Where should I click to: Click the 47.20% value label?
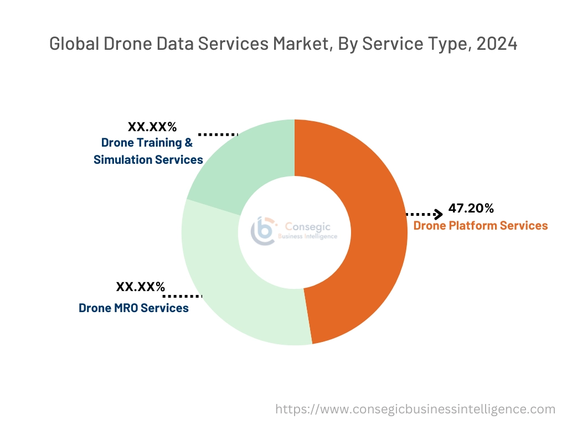471,209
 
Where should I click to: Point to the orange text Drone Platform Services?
480,226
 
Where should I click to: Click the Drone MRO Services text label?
133,308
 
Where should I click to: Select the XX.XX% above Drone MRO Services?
140,287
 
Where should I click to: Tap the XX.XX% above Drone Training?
152,127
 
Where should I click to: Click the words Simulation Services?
148,160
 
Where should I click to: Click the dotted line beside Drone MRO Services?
184,296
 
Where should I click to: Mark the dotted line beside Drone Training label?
218,134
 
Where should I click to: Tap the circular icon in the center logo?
262,230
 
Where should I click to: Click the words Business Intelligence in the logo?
307,236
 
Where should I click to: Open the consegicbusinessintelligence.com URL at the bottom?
415,410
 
